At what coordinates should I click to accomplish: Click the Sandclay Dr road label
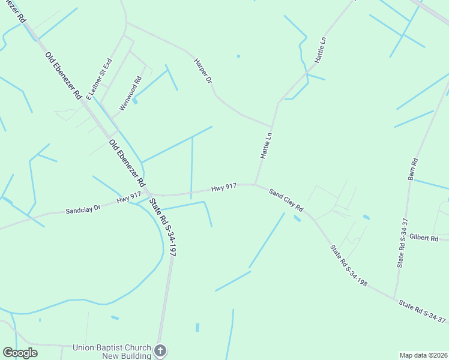[x=83, y=209]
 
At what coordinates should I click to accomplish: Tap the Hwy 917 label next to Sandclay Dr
[x=128, y=196]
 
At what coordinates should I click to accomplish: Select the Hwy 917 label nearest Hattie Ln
[x=223, y=188]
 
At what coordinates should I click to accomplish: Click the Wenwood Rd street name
[x=130, y=92]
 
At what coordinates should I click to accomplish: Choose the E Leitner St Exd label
[x=99, y=79]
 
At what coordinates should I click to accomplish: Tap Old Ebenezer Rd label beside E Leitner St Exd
[x=63, y=75]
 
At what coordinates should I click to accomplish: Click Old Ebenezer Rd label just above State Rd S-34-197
[x=127, y=163]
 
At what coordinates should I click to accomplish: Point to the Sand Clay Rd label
[x=286, y=200]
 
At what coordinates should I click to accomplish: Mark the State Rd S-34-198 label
[x=348, y=265]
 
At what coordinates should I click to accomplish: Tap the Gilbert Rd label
[x=424, y=238]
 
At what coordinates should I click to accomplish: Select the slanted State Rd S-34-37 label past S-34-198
[x=423, y=312]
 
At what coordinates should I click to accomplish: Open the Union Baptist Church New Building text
[x=113, y=352]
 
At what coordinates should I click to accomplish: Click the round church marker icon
[x=160, y=350]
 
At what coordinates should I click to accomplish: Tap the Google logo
[x=20, y=353]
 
